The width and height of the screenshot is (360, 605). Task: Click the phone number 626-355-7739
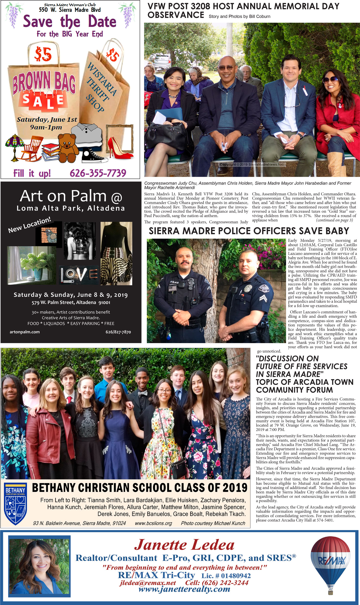(x=98, y=173)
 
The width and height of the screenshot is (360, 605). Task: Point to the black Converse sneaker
(x=94, y=156)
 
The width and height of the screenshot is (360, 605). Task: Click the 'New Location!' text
(x=29, y=225)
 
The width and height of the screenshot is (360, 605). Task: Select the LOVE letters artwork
(x=79, y=275)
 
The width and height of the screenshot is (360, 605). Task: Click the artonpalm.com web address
(x=25, y=332)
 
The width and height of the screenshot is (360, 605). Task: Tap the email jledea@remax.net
(x=148, y=583)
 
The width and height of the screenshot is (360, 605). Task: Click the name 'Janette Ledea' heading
(x=184, y=545)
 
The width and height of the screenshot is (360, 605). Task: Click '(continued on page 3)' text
(x=334, y=220)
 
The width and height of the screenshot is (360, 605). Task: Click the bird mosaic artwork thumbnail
(x=49, y=234)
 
